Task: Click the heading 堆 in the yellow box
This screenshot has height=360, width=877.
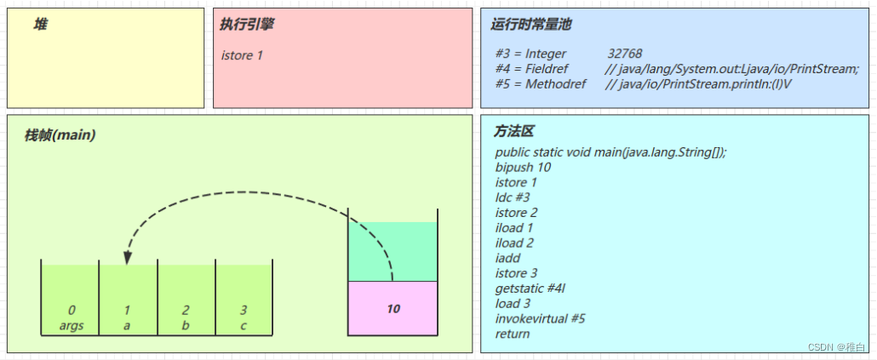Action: (41, 24)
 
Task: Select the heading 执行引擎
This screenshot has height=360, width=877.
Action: (246, 24)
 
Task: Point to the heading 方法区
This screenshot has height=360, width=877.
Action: (513, 132)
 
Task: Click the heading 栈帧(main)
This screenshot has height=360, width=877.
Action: (60, 134)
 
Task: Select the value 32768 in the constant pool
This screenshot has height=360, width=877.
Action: (624, 54)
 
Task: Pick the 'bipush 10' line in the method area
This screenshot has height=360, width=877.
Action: (523, 167)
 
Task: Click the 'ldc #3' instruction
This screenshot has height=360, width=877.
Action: (513, 197)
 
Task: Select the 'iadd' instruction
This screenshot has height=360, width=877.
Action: (507, 258)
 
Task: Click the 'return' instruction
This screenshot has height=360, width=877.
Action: (513, 334)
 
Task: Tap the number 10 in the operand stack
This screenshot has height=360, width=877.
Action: (393, 309)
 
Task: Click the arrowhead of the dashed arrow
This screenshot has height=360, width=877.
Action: (127, 256)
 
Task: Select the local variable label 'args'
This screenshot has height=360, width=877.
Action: (72, 325)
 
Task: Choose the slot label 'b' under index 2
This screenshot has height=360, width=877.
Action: (186, 325)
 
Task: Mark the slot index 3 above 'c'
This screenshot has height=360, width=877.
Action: (244, 310)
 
